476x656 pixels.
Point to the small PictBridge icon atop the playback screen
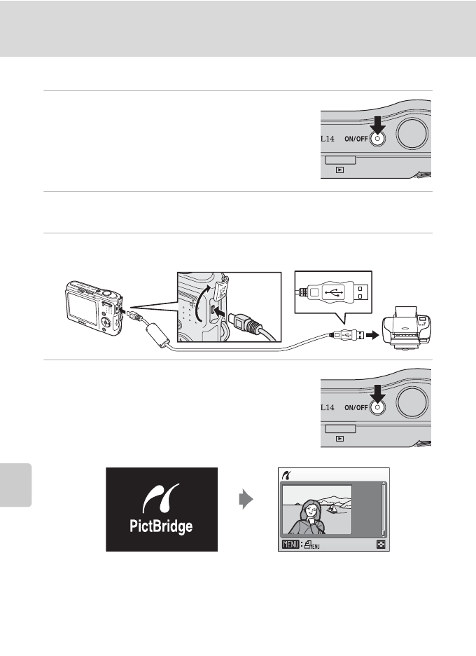coord(285,475)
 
